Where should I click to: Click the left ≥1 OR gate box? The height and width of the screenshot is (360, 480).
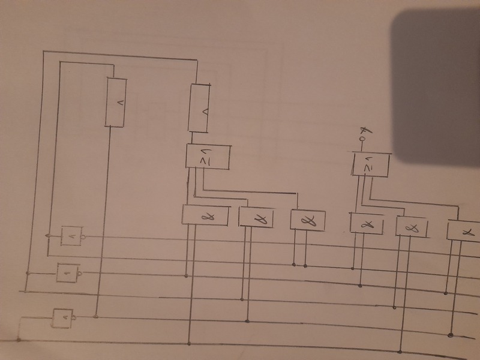[208, 157]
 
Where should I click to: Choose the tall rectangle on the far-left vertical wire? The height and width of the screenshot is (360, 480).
[117, 102]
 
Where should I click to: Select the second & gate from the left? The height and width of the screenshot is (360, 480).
[257, 217]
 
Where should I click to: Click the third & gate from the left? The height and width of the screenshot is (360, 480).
[307, 220]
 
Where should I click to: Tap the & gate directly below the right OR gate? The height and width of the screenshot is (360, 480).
[368, 223]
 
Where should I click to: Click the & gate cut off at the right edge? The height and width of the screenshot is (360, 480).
[464, 230]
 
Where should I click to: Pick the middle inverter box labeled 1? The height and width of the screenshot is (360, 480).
[68, 273]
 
